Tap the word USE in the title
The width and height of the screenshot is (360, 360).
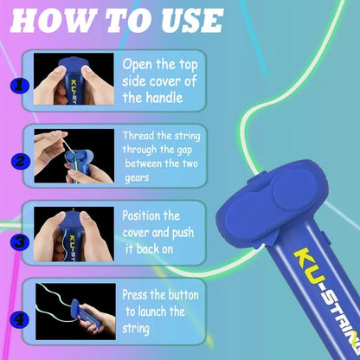point(192,21)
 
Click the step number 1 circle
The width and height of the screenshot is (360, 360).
point(19,86)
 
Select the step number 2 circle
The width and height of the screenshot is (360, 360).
point(20,161)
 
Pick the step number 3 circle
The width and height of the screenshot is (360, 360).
point(19,241)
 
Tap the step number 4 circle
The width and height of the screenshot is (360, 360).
point(19,319)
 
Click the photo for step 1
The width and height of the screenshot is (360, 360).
point(74,79)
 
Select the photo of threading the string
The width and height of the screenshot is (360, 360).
point(74,156)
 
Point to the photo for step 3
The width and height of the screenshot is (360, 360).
point(74,234)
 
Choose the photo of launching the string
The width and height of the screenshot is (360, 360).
point(75,312)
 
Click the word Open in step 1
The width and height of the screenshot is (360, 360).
point(138,65)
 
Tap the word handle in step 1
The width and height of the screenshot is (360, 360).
point(163,97)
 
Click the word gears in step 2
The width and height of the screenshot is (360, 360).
point(137,178)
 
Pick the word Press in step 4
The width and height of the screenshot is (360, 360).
point(135,295)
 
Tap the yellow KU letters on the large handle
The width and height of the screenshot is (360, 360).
point(309,266)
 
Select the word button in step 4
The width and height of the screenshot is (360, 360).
point(183,295)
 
